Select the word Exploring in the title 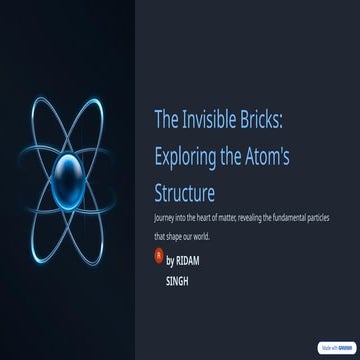click(x=186, y=156)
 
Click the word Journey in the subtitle click(x=162, y=217)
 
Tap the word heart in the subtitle click(x=204, y=217)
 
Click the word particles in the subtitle click(x=315, y=217)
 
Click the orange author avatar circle click(x=157, y=258)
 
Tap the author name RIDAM click(x=191, y=260)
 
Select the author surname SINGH click(x=177, y=282)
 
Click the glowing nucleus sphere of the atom click(x=72, y=169)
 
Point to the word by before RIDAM click(x=170, y=260)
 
